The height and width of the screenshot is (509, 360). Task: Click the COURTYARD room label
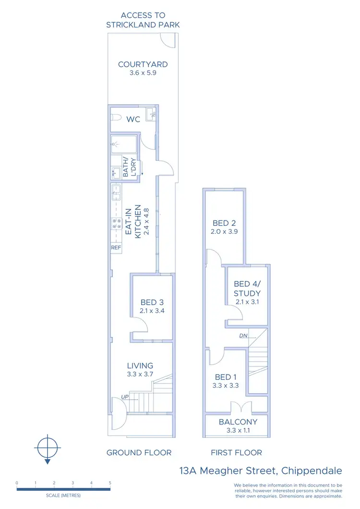coord(143,64)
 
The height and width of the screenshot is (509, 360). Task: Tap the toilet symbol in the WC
coord(116,118)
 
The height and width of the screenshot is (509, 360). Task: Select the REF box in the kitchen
coord(116,248)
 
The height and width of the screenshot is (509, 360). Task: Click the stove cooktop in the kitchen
coord(116,223)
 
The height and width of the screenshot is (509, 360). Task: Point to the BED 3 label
coord(152,303)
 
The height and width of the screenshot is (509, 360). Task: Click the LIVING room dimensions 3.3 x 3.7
coord(140,375)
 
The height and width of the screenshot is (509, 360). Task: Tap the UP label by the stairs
coord(125,397)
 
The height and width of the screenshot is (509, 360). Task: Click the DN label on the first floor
coord(243,336)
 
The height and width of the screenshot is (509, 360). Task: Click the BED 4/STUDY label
coord(247,289)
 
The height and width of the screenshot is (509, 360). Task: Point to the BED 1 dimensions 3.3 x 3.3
coord(226,385)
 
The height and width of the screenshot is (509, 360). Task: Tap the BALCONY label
coord(238,422)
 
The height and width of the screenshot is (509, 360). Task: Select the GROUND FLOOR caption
coord(139,452)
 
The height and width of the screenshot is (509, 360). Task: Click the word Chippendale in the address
coord(312,471)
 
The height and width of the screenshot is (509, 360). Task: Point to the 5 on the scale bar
coord(110,483)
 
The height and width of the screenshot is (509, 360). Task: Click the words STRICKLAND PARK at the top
coord(143,24)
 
